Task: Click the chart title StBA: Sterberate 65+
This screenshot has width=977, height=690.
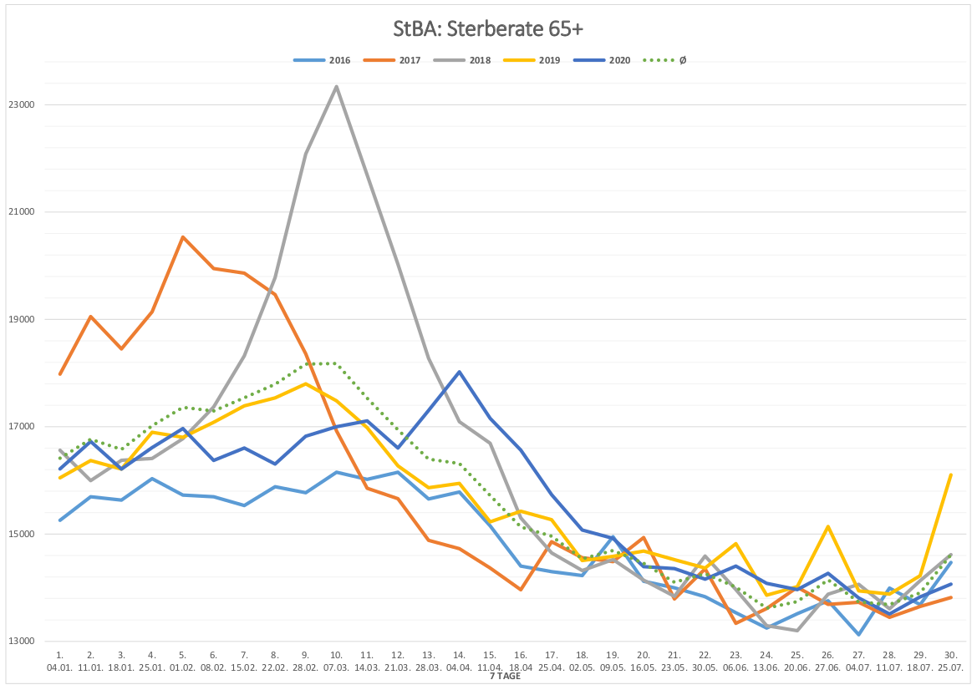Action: (x=488, y=29)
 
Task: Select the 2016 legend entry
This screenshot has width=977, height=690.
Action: (x=323, y=60)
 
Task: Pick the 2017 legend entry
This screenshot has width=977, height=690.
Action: (x=392, y=60)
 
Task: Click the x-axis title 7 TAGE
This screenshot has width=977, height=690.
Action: (x=505, y=677)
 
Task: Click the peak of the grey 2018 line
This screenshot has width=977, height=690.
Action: (x=336, y=86)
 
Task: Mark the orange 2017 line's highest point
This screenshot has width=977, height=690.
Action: (x=183, y=237)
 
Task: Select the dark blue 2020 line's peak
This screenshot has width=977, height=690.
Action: (x=459, y=372)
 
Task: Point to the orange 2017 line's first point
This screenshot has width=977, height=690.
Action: (x=60, y=373)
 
